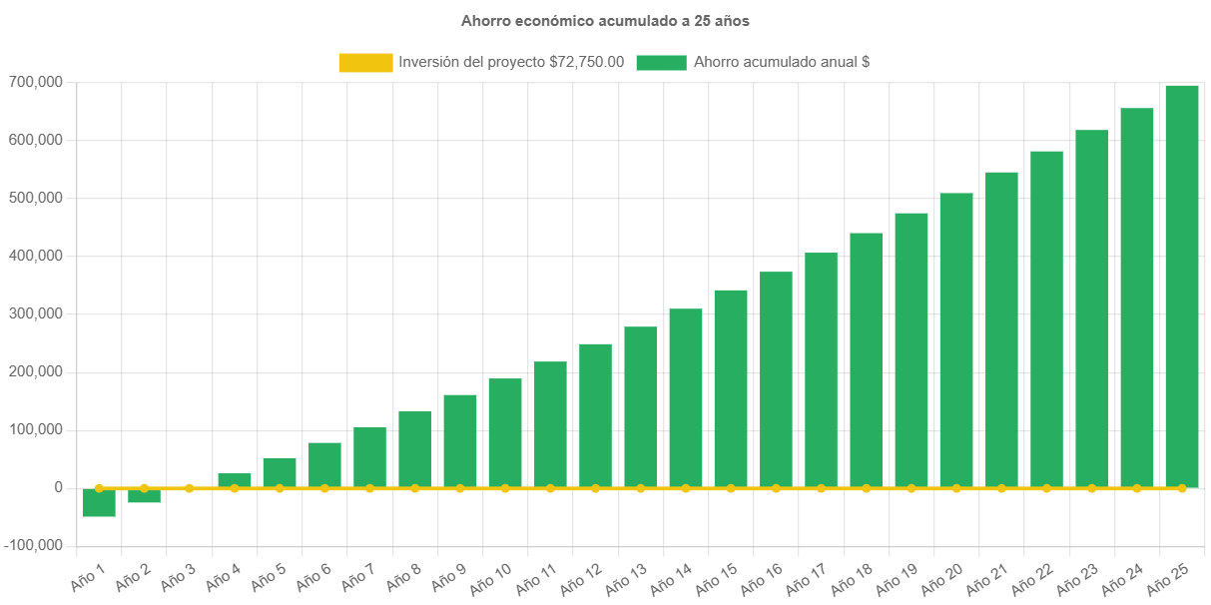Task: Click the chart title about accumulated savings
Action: click(x=605, y=21)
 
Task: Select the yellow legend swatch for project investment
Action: click(x=365, y=62)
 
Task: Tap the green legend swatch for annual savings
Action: click(x=661, y=62)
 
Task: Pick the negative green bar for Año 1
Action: click(x=99, y=503)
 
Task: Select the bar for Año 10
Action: click(x=505, y=433)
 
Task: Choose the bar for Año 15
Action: click(x=731, y=388)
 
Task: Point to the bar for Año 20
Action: click(x=956, y=340)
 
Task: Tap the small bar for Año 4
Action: click(x=235, y=480)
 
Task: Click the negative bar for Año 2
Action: click(x=144, y=496)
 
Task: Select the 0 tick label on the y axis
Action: click(x=60, y=488)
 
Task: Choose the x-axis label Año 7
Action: click(x=358, y=576)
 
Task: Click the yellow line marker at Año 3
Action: click(x=189, y=488)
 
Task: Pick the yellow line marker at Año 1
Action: click(x=99, y=488)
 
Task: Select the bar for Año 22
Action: click(x=1046, y=319)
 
